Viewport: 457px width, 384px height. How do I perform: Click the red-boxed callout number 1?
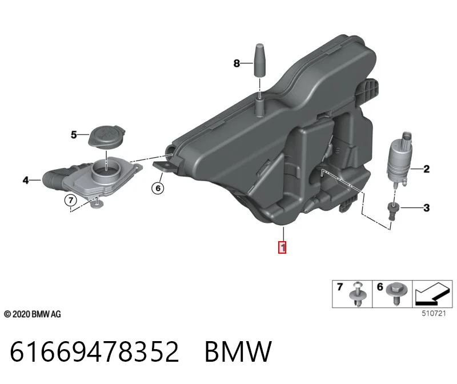[282, 247]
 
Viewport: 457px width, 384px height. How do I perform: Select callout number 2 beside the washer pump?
[426, 169]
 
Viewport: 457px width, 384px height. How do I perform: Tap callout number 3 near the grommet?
[426, 208]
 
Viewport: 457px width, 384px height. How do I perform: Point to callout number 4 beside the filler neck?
[26, 180]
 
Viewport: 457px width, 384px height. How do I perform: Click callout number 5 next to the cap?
[74, 135]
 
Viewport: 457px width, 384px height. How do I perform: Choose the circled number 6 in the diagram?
[158, 188]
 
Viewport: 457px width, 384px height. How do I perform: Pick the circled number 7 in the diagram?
[70, 201]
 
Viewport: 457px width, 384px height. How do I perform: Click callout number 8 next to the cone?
[236, 63]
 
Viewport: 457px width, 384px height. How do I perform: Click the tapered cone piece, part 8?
[259, 61]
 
